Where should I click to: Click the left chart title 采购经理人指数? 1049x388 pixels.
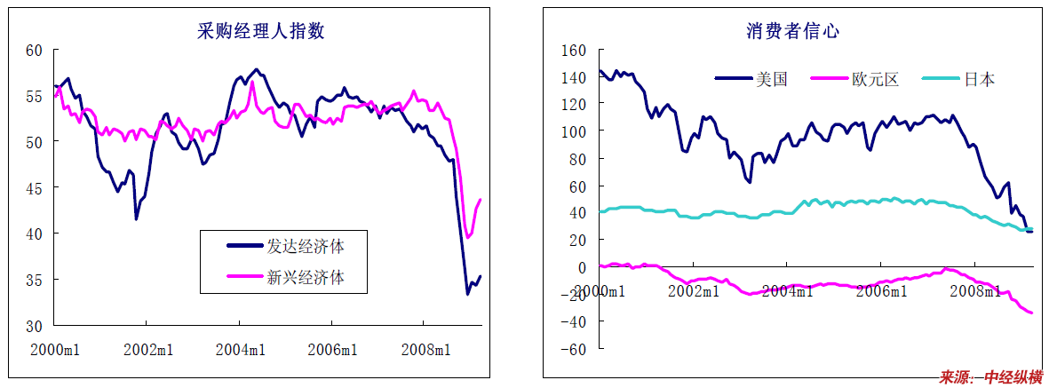coord(260,32)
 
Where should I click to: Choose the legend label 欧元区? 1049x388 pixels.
coord(875,79)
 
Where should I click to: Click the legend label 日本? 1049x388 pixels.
coord(980,79)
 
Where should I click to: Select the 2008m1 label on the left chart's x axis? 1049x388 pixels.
coord(425,350)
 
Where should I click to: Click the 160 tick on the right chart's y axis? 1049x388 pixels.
coord(574,51)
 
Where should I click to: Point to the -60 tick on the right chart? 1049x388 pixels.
coord(574,349)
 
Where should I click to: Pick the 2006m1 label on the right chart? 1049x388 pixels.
coord(880,290)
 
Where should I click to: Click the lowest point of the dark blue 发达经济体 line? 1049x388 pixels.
coord(468,293)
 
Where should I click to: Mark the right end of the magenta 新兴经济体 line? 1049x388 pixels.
coord(481,200)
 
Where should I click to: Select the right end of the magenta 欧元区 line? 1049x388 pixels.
coord(1032,313)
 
